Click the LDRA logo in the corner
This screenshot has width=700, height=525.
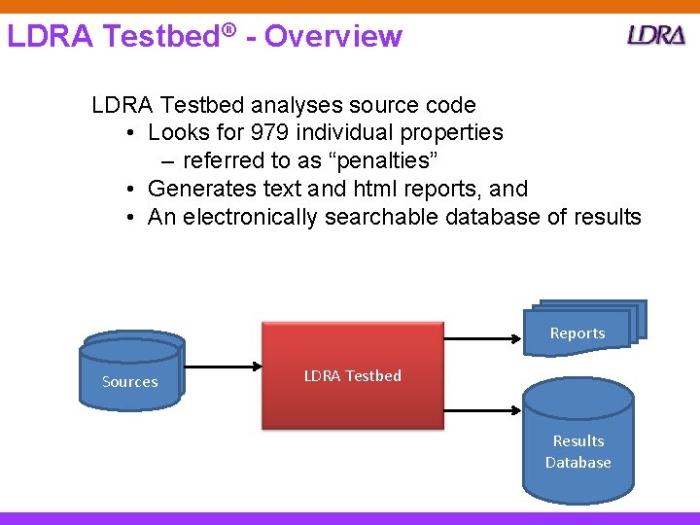coord(656,35)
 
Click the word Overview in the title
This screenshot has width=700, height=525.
coord(332,36)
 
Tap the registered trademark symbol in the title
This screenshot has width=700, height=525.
coord(228,31)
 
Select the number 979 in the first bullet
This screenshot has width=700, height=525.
coord(269,132)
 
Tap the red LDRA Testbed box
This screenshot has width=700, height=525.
coord(352,375)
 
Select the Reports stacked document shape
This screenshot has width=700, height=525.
coord(581,328)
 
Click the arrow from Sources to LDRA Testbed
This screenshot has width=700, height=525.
coord(223,367)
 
